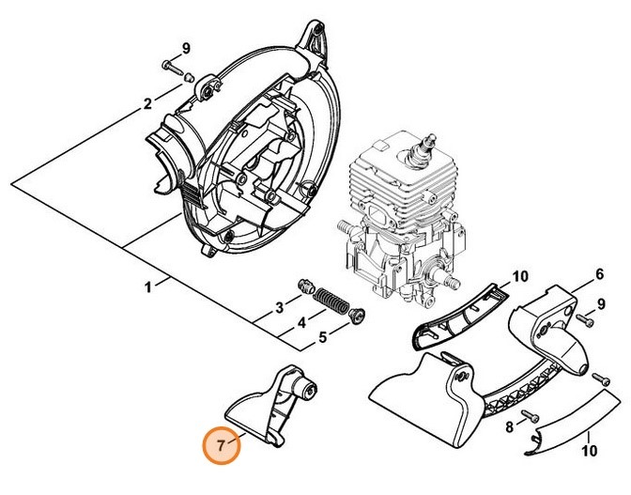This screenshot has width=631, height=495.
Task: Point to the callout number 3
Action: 279,308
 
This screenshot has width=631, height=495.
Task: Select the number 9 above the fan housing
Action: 186,48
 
